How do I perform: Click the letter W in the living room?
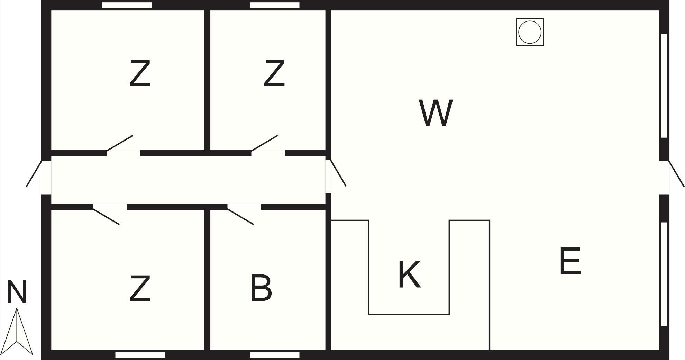(436, 113)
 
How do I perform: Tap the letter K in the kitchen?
(409, 274)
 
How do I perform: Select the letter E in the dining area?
(570, 261)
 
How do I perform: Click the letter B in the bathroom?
(261, 288)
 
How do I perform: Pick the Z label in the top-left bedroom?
(140, 73)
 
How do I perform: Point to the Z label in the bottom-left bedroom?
(140, 288)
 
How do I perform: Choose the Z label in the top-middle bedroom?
(274, 73)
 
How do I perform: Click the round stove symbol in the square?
(530, 32)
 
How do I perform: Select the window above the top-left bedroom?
(127, 5)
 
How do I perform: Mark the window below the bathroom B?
(274, 355)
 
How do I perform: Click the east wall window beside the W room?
(664, 86)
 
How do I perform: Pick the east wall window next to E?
(664, 274)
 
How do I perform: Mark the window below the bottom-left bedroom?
(140, 355)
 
